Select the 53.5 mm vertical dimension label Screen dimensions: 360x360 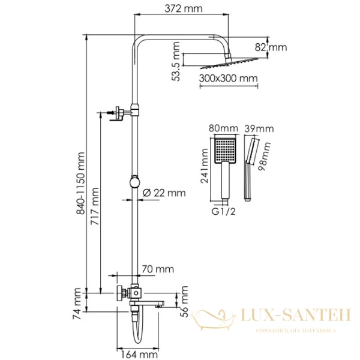click(x=175, y=61)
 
